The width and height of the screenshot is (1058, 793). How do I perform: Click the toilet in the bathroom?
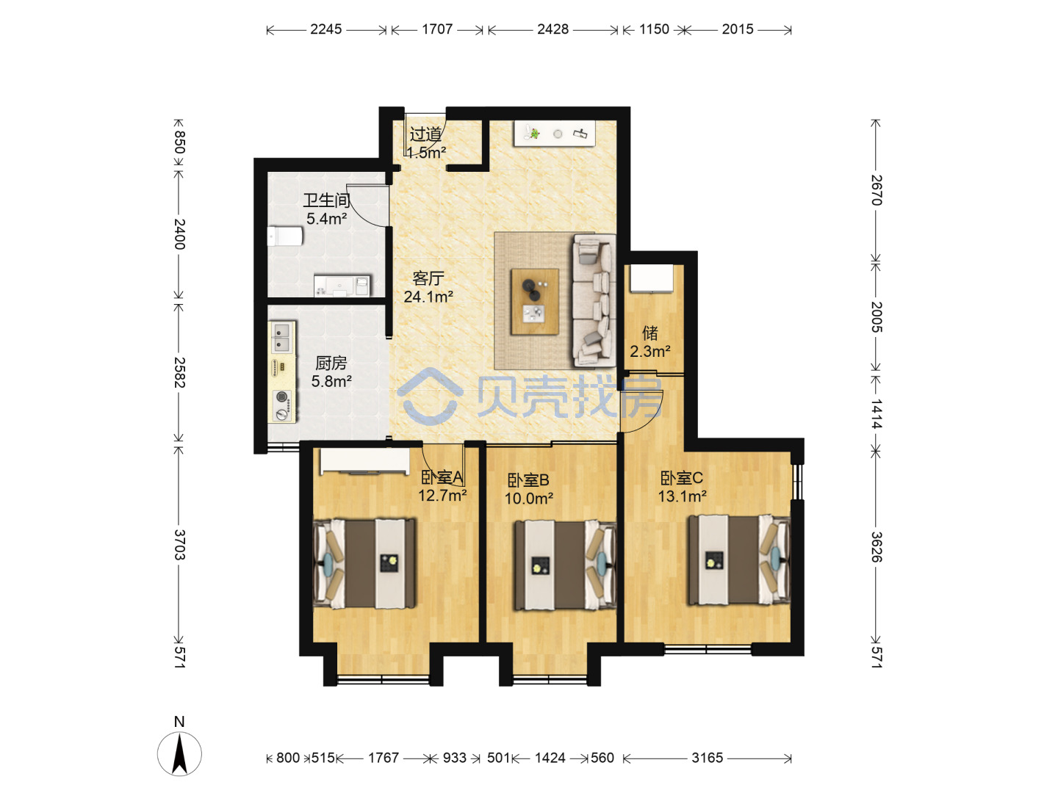(x=285, y=236)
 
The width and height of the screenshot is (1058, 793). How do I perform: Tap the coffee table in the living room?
(x=535, y=301)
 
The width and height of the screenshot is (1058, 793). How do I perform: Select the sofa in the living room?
(x=594, y=301)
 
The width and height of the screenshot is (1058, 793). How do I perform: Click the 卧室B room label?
(x=528, y=480)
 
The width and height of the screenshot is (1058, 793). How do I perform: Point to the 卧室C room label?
(x=682, y=477)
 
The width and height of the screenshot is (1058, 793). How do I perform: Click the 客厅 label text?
(x=428, y=278)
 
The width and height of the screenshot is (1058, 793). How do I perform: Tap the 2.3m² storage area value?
(x=649, y=352)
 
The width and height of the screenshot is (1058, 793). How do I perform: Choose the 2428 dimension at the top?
(x=553, y=29)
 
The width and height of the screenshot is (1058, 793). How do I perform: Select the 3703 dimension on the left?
(x=179, y=545)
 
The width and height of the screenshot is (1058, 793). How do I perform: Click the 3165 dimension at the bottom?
(x=707, y=758)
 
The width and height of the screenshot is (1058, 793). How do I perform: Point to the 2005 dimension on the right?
(x=877, y=317)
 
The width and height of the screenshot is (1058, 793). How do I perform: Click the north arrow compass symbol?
(x=179, y=753)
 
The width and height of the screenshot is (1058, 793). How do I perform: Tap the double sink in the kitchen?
(x=282, y=337)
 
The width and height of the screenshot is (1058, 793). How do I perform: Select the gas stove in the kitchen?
(x=282, y=405)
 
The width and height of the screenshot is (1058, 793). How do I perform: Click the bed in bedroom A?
(x=364, y=563)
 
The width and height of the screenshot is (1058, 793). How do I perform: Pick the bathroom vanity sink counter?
(x=342, y=285)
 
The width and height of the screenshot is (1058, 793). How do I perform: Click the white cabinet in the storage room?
(x=652, y=278)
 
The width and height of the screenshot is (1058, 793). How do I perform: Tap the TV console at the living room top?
(x=554, y=134)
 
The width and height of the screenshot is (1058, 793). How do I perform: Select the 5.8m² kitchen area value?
(x=331, y=382)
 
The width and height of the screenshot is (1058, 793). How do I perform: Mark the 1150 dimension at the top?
(x=654, y=29)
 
